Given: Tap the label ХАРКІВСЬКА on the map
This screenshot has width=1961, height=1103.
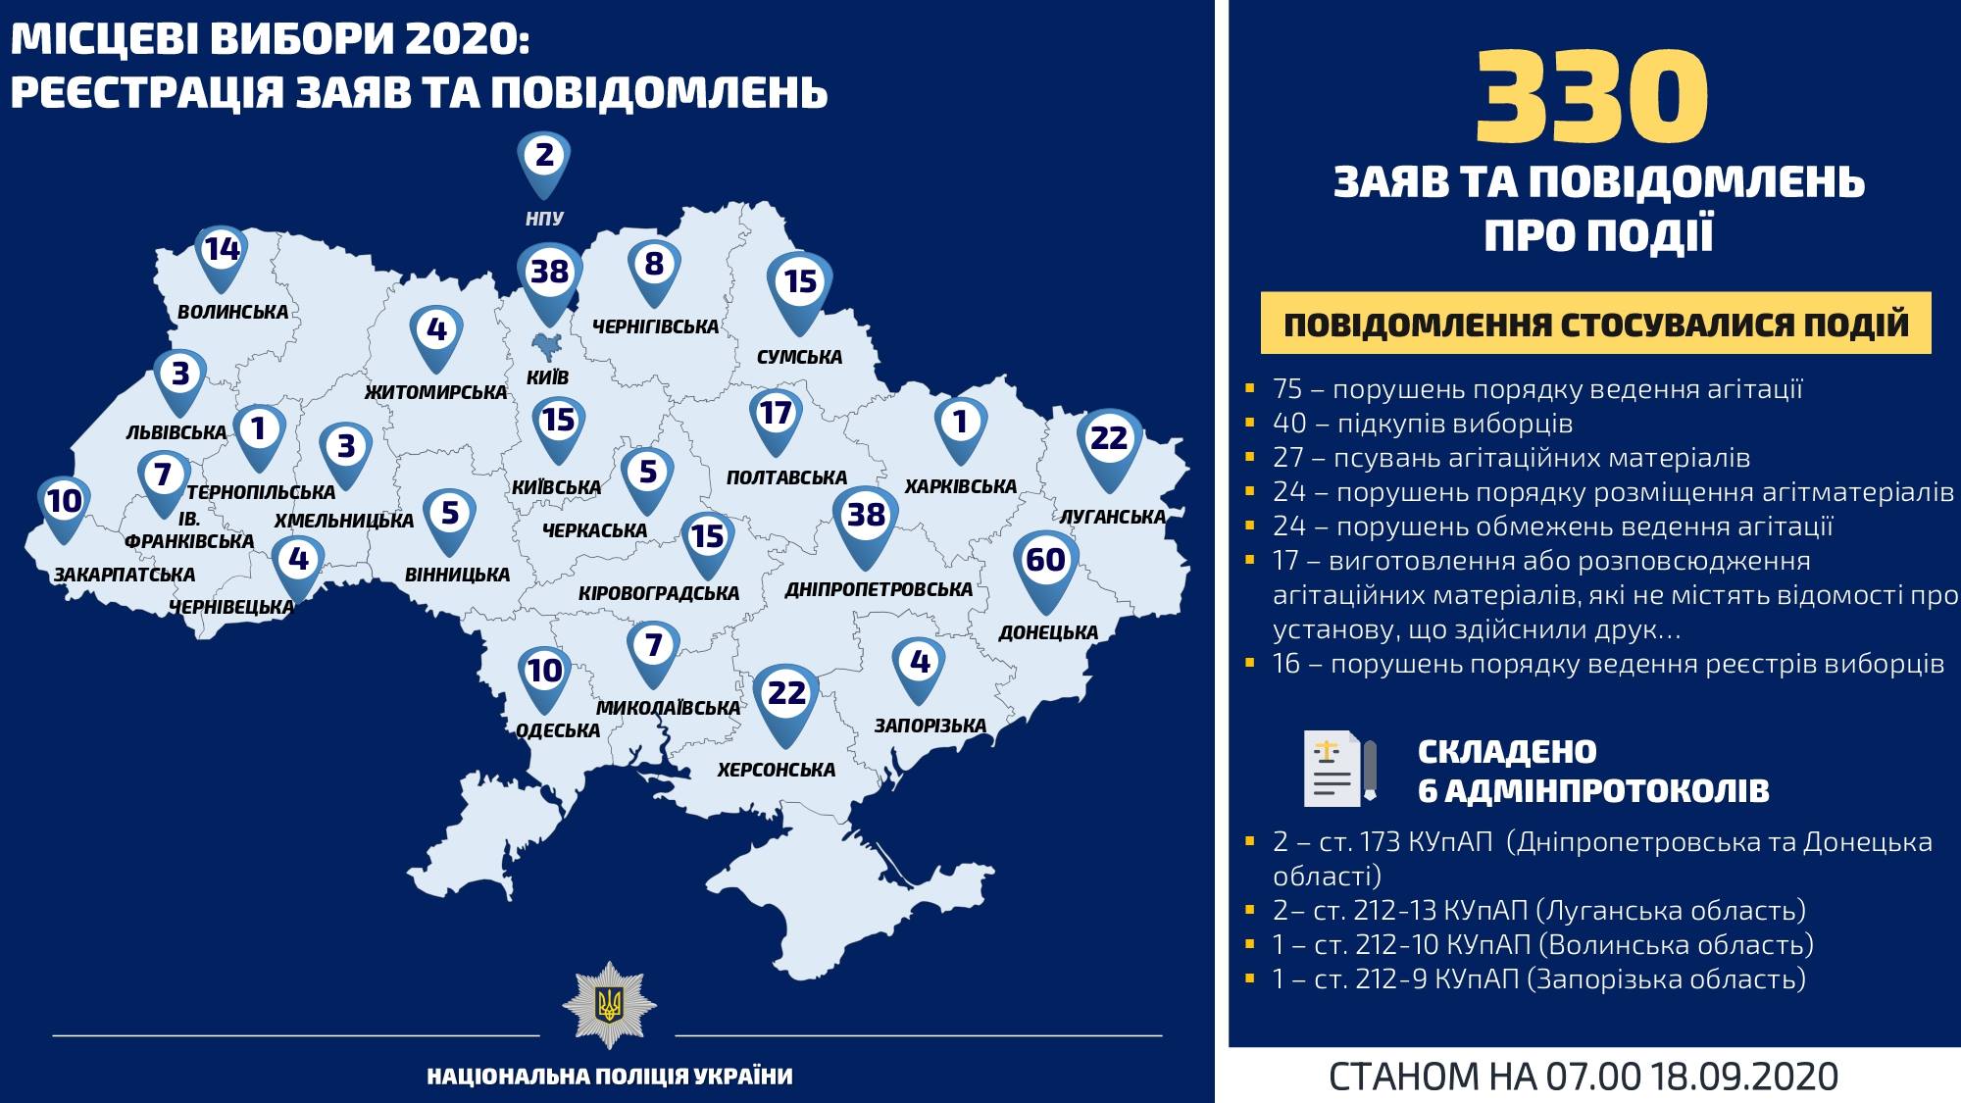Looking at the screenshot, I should click(x=960, y=486).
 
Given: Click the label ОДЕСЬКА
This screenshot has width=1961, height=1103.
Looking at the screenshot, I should click(x=558, y=730).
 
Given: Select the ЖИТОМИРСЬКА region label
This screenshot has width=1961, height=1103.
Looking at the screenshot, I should click(x=435, y=393).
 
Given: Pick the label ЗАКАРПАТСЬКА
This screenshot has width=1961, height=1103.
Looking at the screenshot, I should click(x=125, y=575).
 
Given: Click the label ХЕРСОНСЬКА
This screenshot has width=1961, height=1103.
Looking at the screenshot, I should click(x=776, y=771).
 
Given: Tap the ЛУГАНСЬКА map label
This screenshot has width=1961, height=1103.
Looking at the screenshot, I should click(x=1113, y=517).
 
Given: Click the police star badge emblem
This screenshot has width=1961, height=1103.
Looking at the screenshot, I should click(x=609, y=1005).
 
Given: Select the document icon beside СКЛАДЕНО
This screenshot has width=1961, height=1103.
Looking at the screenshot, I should click(x=1339, y=769).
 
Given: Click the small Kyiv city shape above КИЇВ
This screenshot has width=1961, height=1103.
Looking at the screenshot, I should click(x=546, y=346).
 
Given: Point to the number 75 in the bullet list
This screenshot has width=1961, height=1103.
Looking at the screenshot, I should click(x=1286, y=389).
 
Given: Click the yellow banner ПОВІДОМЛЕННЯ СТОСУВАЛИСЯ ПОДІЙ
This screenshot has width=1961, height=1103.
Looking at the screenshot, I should click(x=1595, y=325).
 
